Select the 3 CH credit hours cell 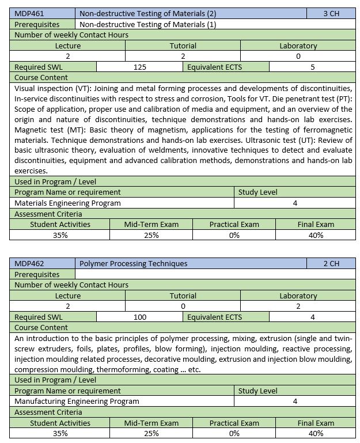tap(331, 13)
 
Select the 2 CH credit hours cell tap(331, 263)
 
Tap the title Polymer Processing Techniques tap(133, 263)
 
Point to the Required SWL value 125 tap(139, 67)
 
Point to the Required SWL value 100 tap(139, 317)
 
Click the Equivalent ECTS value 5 tap(312, 67)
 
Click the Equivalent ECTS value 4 tap(312, 317)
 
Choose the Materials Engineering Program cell tap(67, 203)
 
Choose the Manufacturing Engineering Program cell tap(77, 401)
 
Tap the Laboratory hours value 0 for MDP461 tap(298, 56)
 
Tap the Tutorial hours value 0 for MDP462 tap(183, 306)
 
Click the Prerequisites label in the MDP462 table tap(37, 274)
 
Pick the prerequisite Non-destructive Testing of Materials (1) tap(147, 24)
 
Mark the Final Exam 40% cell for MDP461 tap(315, 235)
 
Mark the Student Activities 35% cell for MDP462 tap(60, 433)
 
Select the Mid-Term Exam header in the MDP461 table tap(151, 224)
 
